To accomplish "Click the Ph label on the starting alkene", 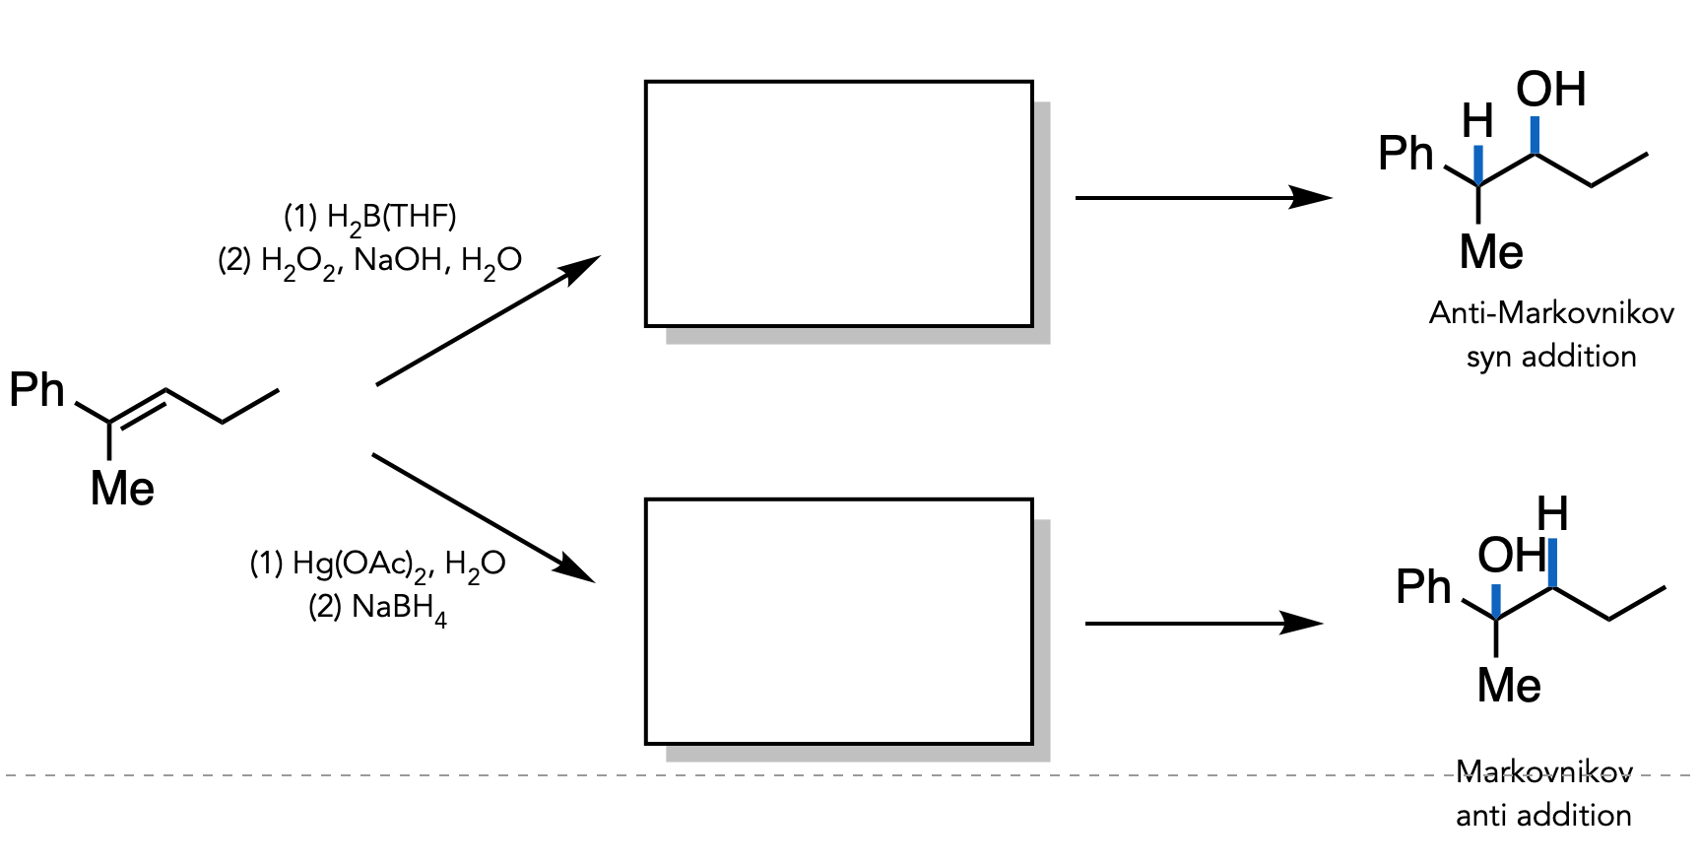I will pyautogui.click(x=36, y=390).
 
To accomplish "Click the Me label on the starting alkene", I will pyautogui.click(x=122, y=489).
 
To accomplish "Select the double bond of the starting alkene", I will pyautogui.click(x=138, y=407).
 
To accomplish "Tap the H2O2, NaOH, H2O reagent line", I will pyautogui.click(x=369, y=261).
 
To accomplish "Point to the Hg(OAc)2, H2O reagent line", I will pyautogui.click(x=377, y=565).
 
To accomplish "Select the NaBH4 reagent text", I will pyautogui.click(x=377, y=608).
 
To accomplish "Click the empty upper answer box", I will pyautogui.click(x=838, y=203).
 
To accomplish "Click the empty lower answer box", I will pyautogui.click(x=838, y=622).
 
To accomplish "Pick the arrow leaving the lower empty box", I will pyautogui.click(x=1203, y=624).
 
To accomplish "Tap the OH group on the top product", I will pyautogui.click(x=1550, y=90).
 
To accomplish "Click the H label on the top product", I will pyautogui.click(x=1477, y=122).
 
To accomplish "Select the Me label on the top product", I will pyautogui.click(x=1491, y=252).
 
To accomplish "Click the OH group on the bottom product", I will pyautogui.click(x=1510, y=556).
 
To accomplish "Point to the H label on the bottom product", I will pyautogui.click(x=1552, y=514).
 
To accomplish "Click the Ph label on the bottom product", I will pyautogui.click(x=1423, y=587).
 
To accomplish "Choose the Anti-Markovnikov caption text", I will pyautogui.click(x=1551, y=313).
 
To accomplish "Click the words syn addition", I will pyautogui.click(x=1551, y=357).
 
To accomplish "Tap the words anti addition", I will pyautogui.click(x=1543, y=816).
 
